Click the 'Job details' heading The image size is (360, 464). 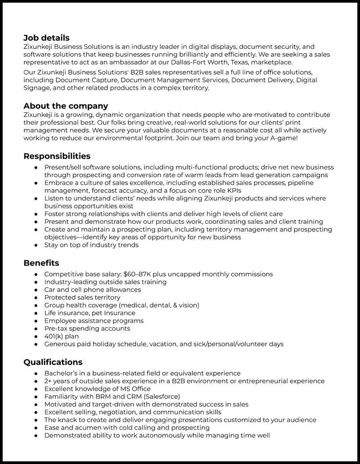[x=46, y=38]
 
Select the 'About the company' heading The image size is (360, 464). [x=66, y=106]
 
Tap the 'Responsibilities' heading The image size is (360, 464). [x=57, y=156]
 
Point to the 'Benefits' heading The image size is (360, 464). [x=41, y=263]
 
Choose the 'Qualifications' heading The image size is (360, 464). [x=53, y=362]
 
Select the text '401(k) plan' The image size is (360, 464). [x=62, y=336]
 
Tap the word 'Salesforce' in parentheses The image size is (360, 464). [x=161, y=397]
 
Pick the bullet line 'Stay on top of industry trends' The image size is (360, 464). [x=91, y=245]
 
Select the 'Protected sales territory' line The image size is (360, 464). [x=82, y=297]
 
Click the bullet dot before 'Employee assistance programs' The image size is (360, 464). [x=36, y=321]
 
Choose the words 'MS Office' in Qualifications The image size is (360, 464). [x=135, y=389]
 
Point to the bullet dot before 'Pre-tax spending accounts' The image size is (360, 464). [x=36, y=329]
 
